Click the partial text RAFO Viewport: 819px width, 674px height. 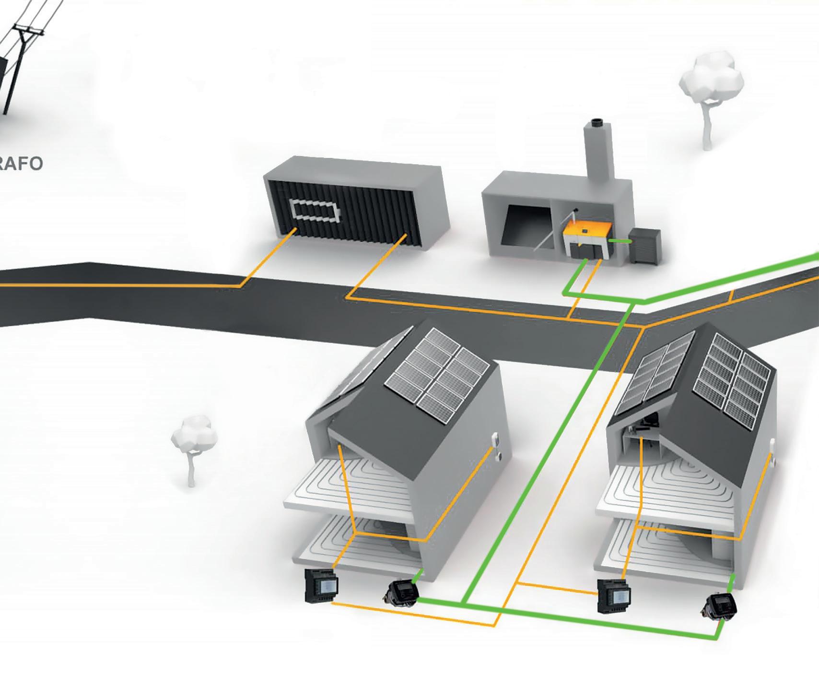coord(21,164)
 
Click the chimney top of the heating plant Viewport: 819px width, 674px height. coord(598,124)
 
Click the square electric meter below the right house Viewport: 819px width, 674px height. coord(615,595)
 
